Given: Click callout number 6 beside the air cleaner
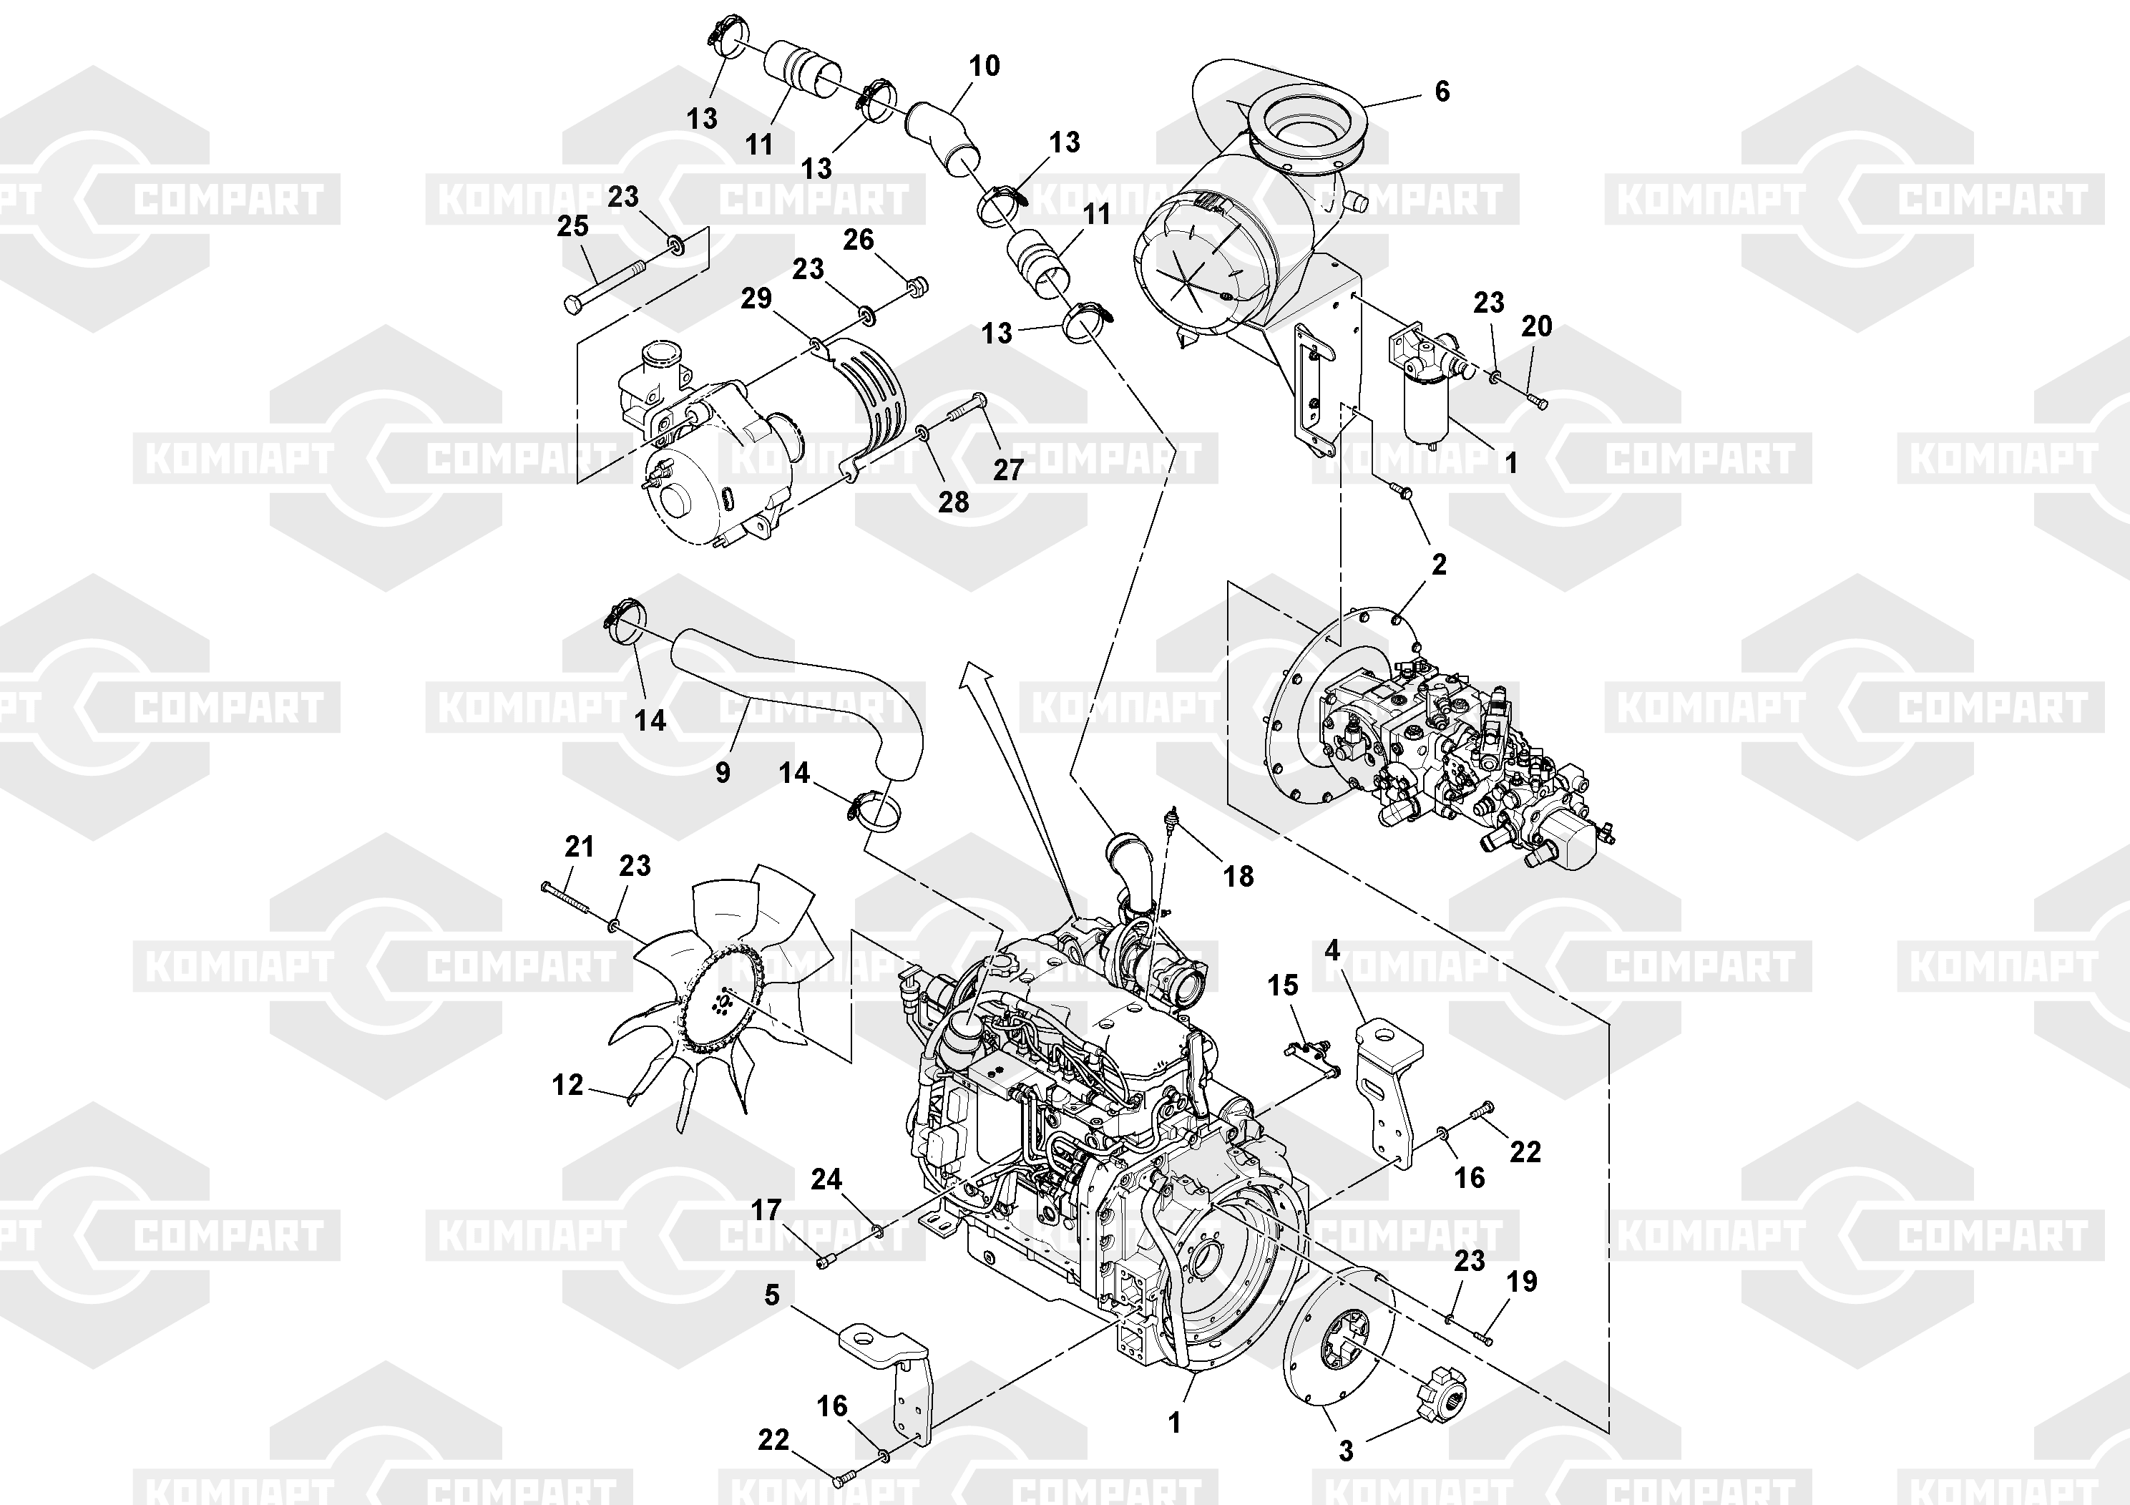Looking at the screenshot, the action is tap(1442, 91).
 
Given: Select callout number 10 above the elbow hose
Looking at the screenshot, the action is tap(985, 66).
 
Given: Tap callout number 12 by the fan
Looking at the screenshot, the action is tap(568, 1085).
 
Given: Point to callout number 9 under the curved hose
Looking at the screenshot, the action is tap(723, 772).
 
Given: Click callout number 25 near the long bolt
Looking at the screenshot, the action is tap(572, 225).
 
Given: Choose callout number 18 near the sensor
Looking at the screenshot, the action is tap(1239, 876).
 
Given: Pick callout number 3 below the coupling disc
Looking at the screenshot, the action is tap(1346, 1451).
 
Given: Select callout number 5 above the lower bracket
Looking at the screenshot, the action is tap(772, 1295).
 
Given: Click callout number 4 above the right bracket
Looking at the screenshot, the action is tap(1332, 950).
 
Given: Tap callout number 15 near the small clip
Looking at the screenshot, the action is tap(1283, 985).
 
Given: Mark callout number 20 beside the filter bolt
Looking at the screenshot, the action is tap(1536, 326).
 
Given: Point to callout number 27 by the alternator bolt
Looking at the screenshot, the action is tap(1008, 469).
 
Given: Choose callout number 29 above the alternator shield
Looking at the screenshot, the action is tap(756, 298).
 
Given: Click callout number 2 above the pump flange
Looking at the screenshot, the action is tap(1439, 563).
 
